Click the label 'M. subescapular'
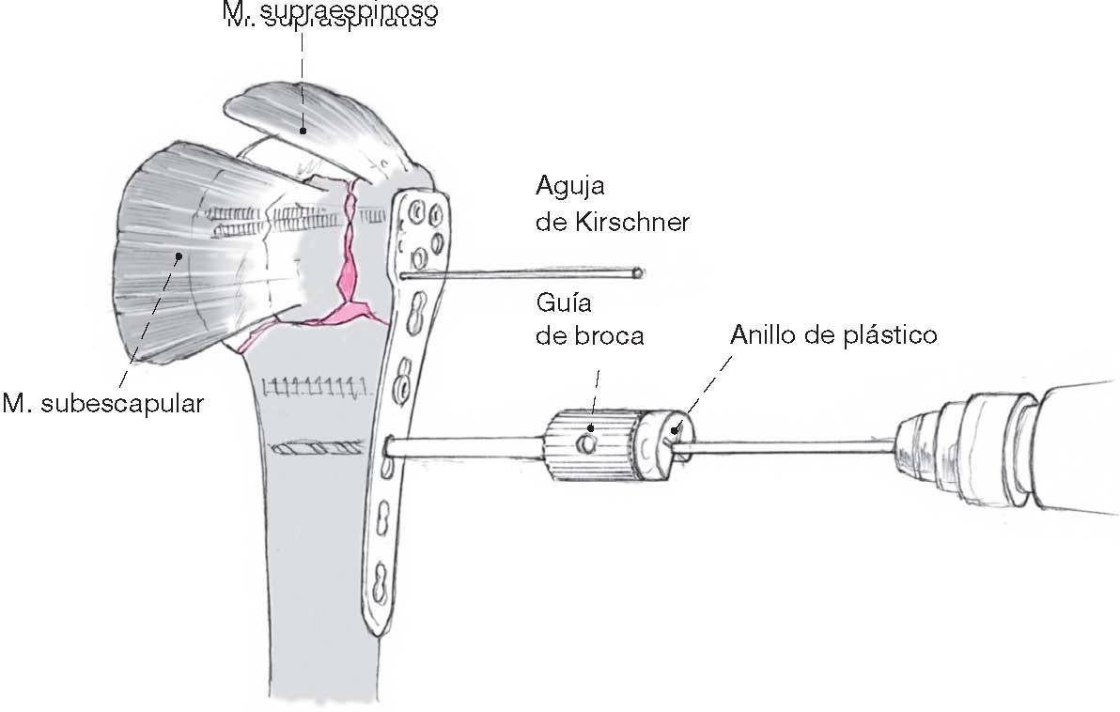103,405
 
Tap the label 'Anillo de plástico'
833,334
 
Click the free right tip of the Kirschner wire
638,272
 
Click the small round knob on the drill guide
587,441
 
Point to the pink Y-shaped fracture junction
355,306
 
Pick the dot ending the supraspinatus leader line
303,132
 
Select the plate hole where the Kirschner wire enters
403,275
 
